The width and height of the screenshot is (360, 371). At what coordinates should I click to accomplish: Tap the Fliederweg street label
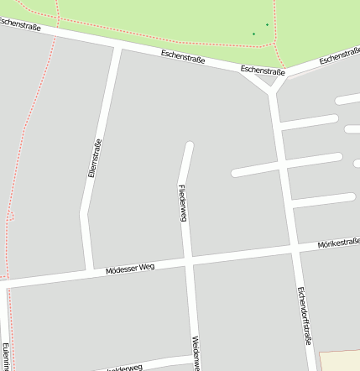point(182,202)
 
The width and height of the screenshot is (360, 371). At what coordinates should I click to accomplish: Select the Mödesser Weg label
point(130,269)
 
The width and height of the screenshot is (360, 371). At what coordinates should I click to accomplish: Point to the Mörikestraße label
point(338,243)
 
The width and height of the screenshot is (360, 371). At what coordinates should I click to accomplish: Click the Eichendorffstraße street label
point(305,316)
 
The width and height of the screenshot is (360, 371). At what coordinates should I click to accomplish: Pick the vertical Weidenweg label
point(196,353)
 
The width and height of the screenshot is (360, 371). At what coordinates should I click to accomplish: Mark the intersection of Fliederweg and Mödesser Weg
point(189,263)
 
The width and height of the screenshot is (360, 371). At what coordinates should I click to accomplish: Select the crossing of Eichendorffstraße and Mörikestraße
point(295,248)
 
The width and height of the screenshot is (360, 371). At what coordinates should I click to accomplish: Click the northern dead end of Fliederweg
point(190,147)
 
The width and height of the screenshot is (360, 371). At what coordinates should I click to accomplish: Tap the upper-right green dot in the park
point(267,24)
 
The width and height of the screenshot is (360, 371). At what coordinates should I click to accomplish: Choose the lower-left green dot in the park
point(253,34)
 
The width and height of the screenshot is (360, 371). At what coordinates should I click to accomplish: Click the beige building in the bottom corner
point(340,361)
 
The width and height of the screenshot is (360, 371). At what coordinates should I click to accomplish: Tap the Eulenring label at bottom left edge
point(5,356)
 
